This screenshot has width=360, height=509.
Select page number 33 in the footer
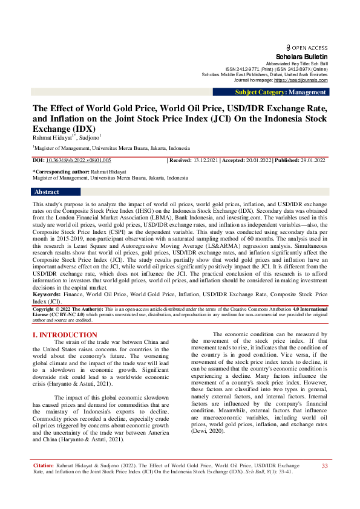(x=324, y=482)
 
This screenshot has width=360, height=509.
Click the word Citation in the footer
(x=44, y=483)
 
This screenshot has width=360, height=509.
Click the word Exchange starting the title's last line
(x=52, y=129)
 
